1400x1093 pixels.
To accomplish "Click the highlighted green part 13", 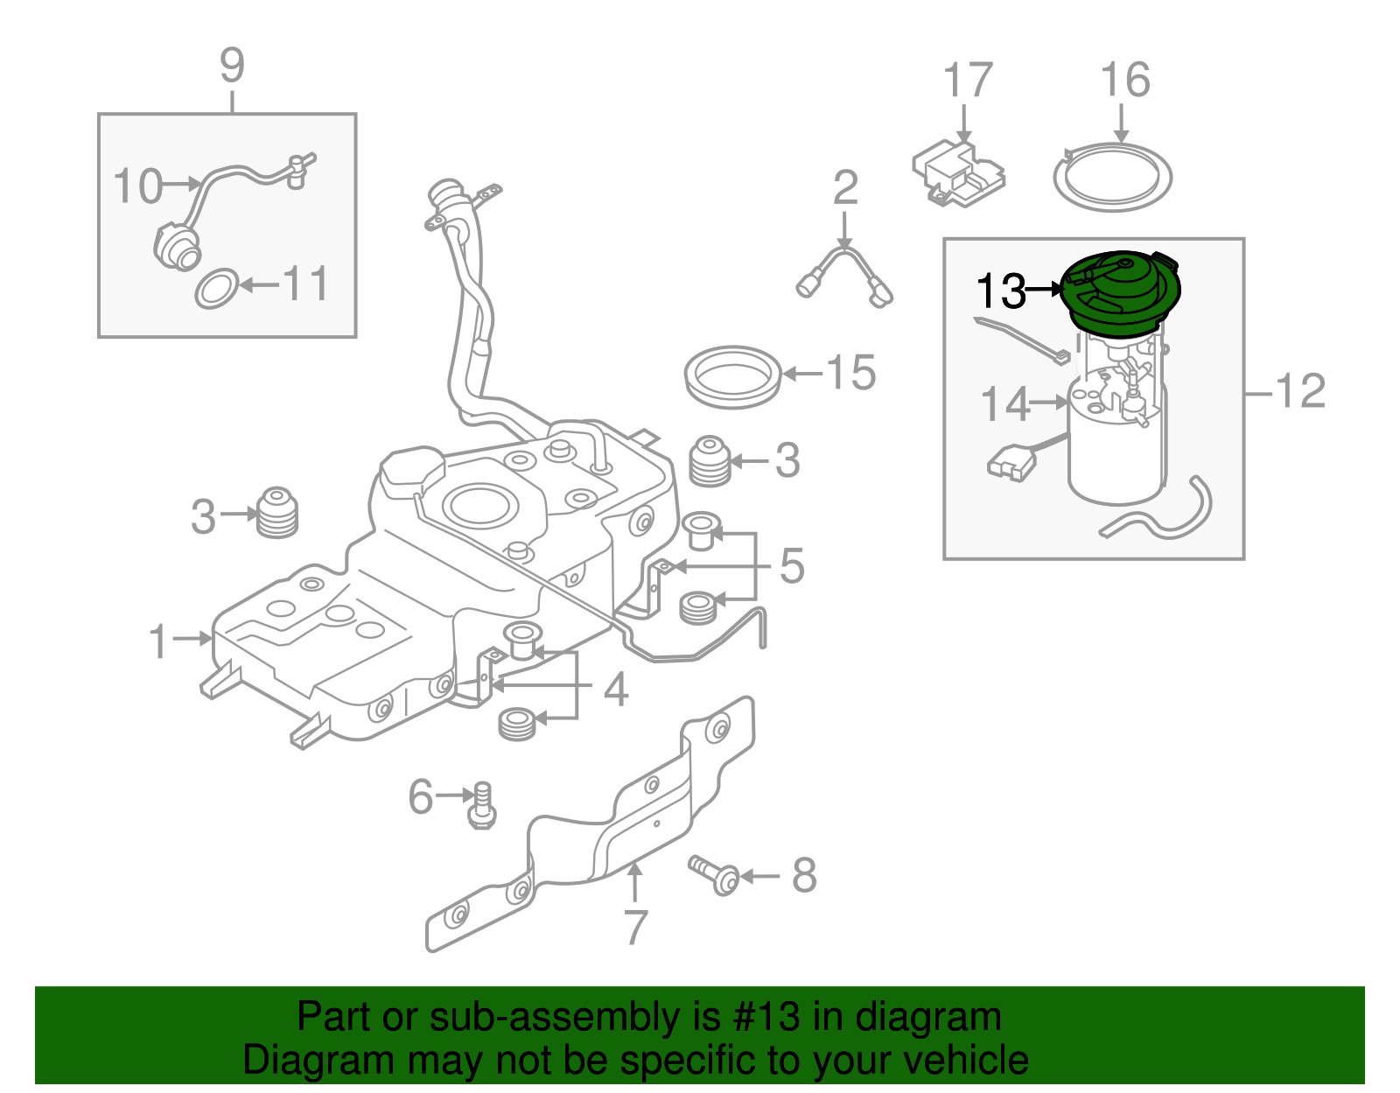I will coord(1121,294).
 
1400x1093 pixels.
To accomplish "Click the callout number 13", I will coord(1000,291).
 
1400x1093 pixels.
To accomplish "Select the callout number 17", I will coord(968,81).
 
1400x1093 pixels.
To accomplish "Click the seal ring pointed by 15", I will coord(732,376).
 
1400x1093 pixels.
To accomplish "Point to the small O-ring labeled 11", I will coord(215,289).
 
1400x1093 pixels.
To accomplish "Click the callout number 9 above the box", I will coord(232,66).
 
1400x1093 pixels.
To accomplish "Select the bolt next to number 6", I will coord(481,804).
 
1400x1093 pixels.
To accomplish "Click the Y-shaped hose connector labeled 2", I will coord(845,267).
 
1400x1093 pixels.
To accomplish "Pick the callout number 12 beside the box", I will coord(1301,390).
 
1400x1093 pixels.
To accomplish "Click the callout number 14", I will coord(1005,403).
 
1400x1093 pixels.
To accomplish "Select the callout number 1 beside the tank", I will coord(158,641).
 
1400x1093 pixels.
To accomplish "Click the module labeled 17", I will coord(957,174).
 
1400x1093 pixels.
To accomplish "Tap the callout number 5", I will coord(791,566).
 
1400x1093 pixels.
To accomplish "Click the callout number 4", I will coord(616,690).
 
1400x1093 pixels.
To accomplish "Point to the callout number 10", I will coord(137,186).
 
